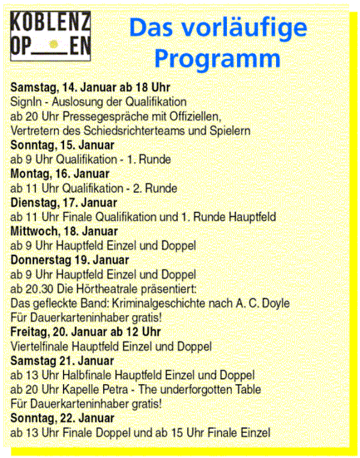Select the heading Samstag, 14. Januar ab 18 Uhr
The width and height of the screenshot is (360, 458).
coord(91,86)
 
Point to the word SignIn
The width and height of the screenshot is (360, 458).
coord(28,101)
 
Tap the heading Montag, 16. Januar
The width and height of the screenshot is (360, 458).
coord(60,174)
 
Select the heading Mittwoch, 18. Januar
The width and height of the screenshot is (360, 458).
coord(64,231)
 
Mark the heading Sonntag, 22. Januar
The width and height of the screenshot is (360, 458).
coord(62,418)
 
